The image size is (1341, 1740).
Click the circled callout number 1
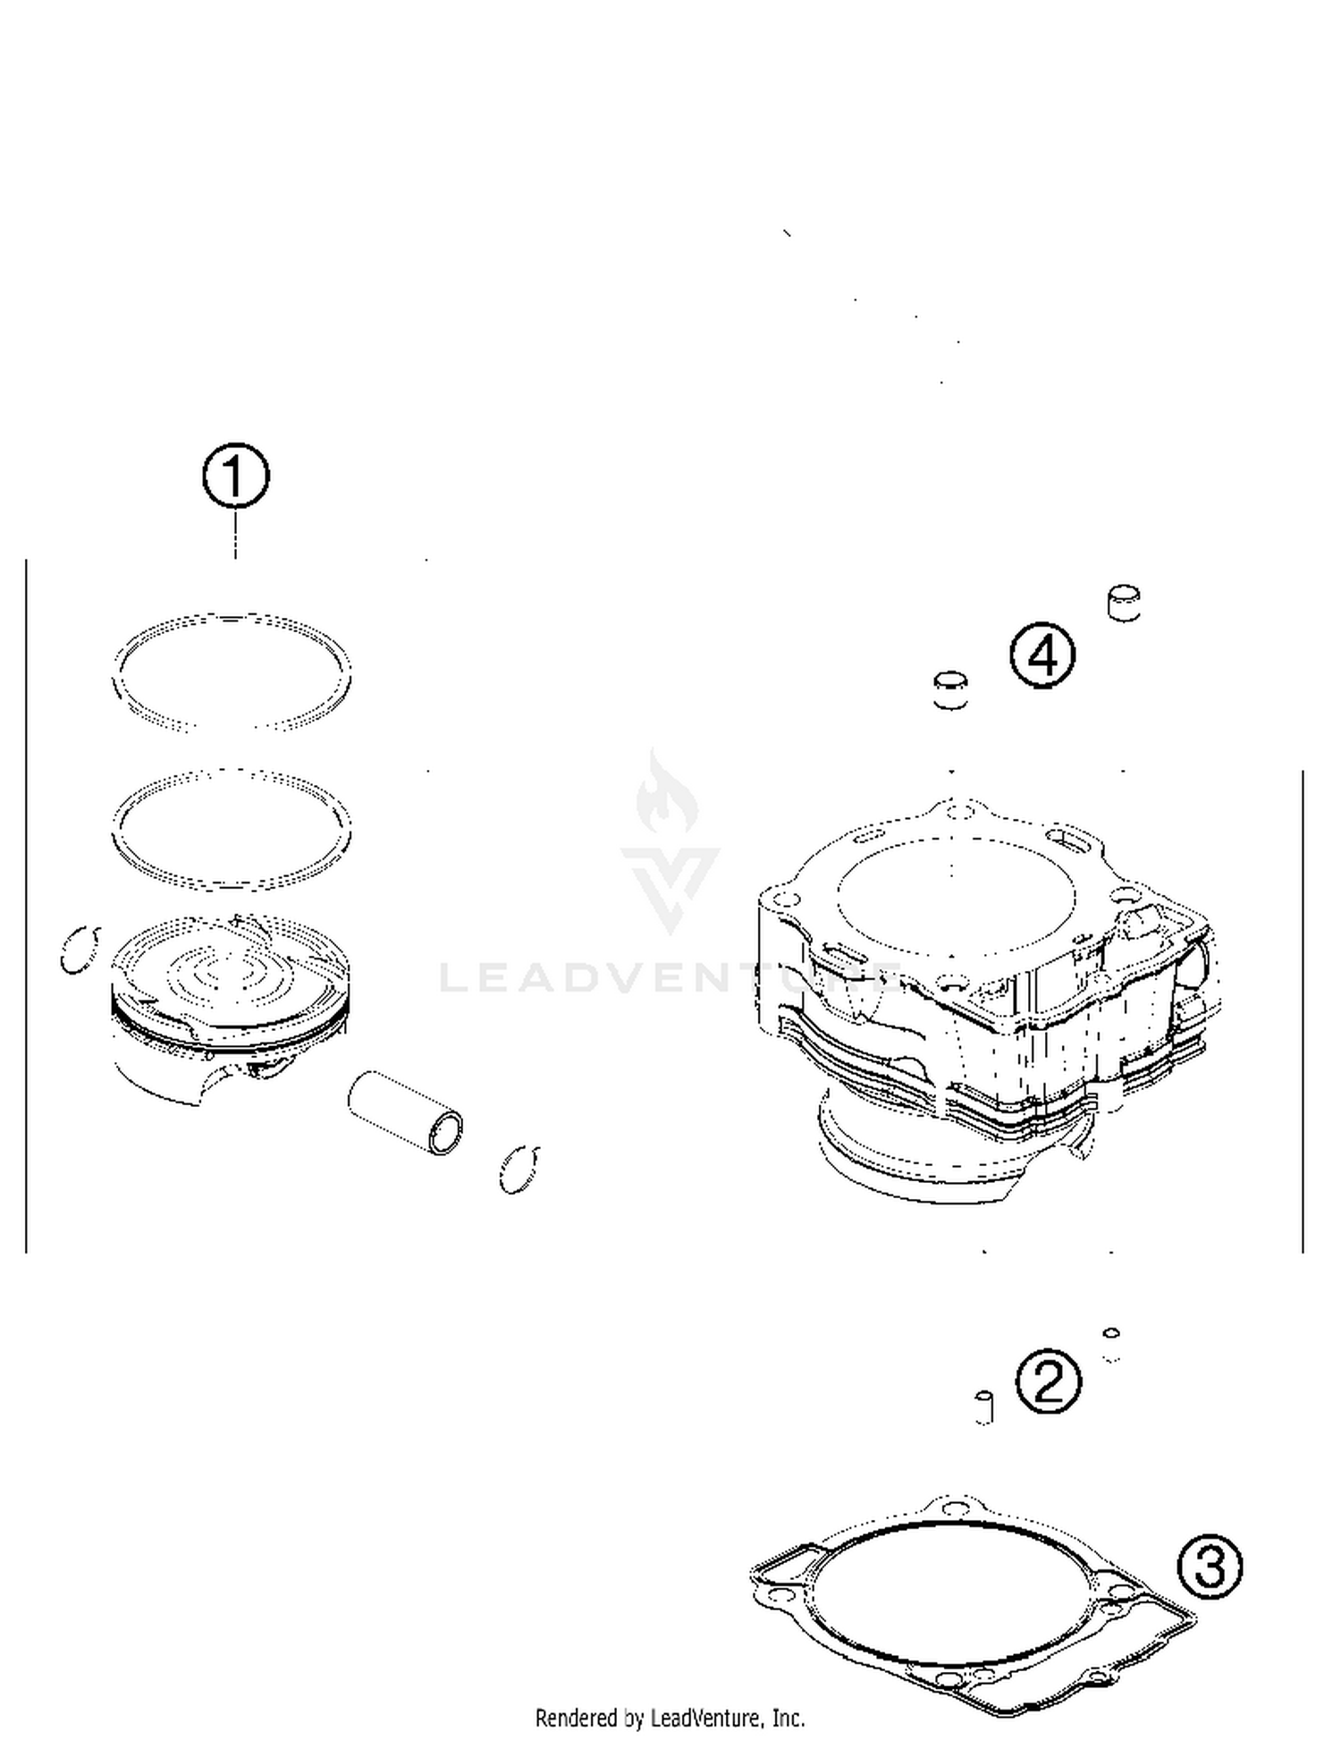235,476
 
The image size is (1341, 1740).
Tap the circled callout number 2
1049,1381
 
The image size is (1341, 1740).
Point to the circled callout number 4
1042,655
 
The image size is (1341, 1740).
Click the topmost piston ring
232,619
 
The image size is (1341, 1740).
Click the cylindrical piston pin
405,1112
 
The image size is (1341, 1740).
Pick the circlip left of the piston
79,950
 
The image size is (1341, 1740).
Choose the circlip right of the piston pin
519,1170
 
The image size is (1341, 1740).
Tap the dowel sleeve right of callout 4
1124,603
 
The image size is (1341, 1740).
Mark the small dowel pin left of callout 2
984,1407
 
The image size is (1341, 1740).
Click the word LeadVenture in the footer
706,1718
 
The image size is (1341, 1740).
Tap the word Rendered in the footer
577,1718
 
